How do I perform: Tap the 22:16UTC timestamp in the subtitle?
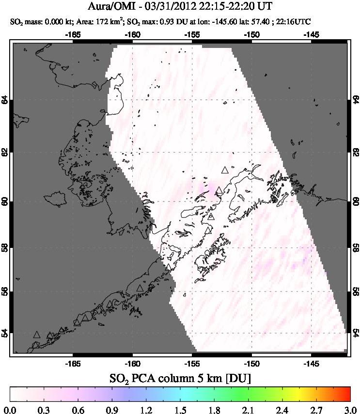click(293, 22)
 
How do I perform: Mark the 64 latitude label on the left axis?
click(5, 100)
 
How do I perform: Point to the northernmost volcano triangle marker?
click(224, 170)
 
